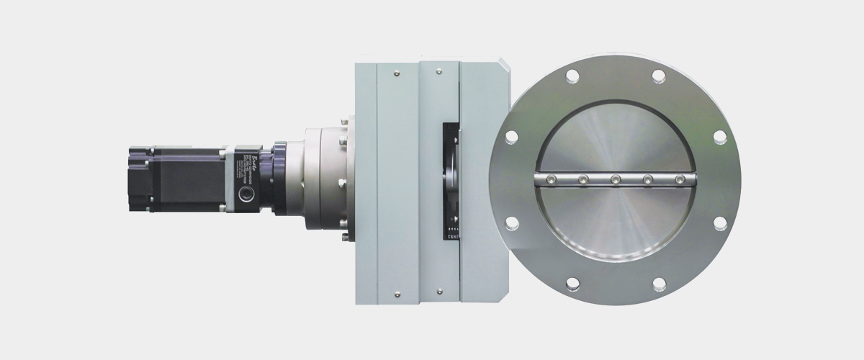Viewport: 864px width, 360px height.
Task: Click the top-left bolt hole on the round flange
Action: point(572,74)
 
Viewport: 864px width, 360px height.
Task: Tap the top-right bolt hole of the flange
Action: point(658,74)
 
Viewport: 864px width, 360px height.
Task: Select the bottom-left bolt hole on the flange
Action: point(572,283)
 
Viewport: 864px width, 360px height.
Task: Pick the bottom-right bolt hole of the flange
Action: point(658,283)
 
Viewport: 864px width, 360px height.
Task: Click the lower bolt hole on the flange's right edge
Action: point(719,222)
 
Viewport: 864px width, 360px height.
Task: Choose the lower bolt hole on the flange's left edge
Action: point(511,222)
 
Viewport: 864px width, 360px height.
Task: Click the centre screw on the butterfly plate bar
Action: point(616,179)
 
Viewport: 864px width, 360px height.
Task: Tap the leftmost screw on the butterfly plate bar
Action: point(550,179)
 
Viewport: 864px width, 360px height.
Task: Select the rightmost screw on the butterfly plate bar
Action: point(680,179)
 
